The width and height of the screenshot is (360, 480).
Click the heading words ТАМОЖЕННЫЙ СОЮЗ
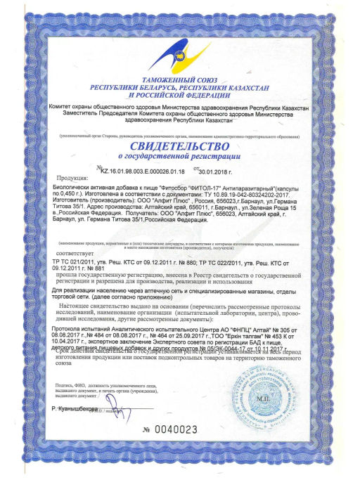181,82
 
